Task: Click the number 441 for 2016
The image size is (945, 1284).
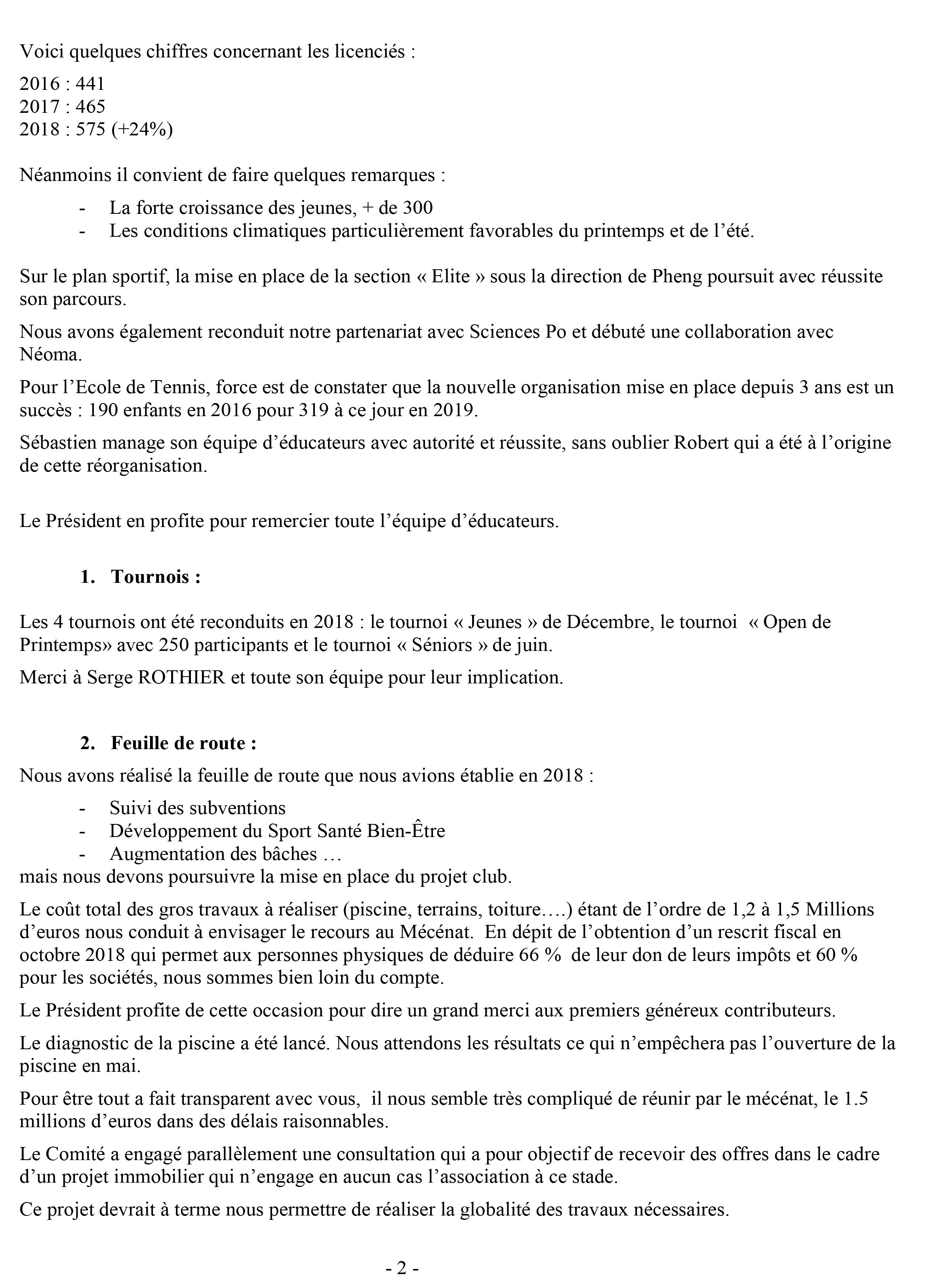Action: [90, 84]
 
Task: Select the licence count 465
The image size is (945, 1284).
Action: [90, 107]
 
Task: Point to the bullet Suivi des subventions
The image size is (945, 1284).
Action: [197, 808]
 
